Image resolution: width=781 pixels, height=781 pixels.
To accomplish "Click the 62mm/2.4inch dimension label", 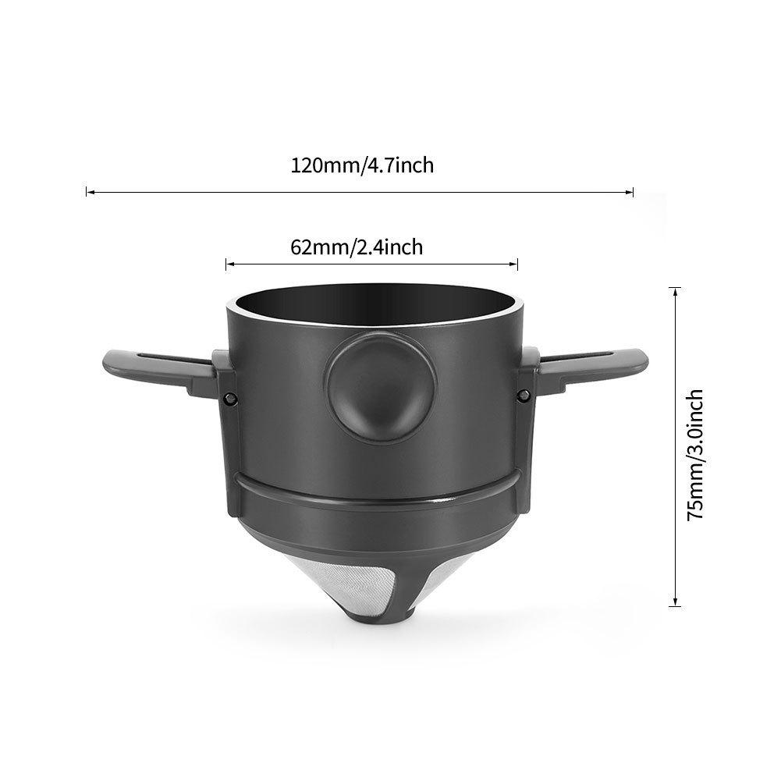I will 357,247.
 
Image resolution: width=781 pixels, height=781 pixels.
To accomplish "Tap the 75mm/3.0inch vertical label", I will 696,454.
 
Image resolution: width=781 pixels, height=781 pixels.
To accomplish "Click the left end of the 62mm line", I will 227,265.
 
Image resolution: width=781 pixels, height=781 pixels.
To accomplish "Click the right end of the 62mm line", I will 517,265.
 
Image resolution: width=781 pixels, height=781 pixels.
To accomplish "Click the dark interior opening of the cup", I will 373,307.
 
